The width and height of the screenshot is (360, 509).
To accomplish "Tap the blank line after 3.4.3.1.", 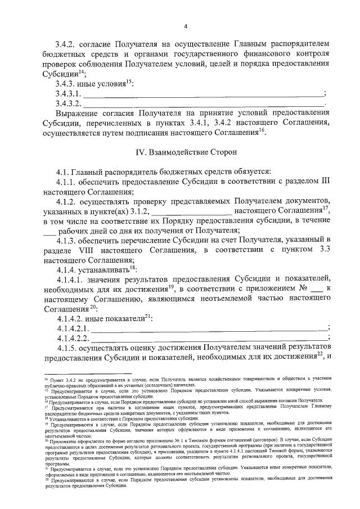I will pyautogui.click(x=204, y=93).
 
